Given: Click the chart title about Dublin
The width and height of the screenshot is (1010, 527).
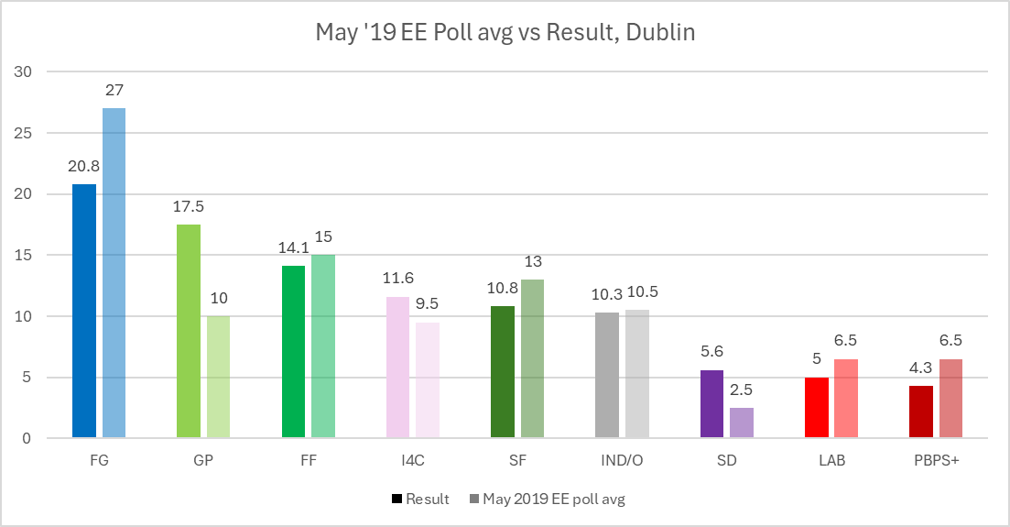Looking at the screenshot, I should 505,33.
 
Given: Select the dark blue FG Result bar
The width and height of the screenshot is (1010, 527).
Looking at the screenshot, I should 84,312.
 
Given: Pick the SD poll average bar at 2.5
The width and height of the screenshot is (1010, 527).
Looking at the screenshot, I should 742,423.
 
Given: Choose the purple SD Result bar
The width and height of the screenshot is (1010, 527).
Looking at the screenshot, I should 712,404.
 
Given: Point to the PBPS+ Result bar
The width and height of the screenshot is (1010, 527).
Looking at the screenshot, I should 921,412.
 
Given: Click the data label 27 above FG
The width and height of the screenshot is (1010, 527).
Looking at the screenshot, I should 114,91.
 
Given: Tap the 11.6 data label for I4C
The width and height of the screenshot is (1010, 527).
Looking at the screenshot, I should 398,279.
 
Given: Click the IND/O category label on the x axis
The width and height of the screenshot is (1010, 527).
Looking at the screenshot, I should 621,461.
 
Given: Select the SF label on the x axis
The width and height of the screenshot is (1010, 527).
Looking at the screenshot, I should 516,461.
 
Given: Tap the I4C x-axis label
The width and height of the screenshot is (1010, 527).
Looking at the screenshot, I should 412,461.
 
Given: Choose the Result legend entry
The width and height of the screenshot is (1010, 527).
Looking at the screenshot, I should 420,500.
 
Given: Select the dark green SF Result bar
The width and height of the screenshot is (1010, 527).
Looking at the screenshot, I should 503,372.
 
